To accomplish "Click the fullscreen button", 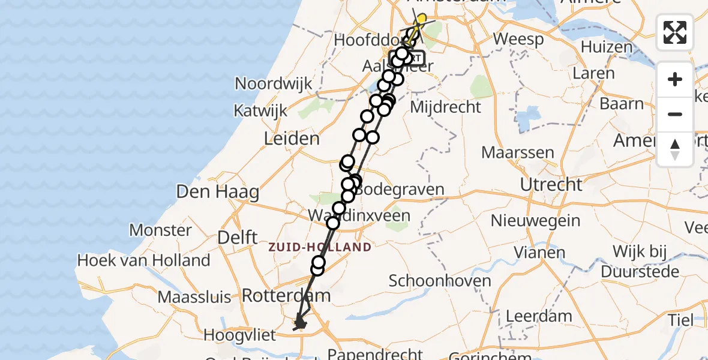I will tap(675, 32).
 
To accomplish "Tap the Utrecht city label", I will tap(551, 184).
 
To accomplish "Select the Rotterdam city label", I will tap(286, 295).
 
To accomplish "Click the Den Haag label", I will tap(217, 193).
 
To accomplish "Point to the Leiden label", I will tap(292, 139).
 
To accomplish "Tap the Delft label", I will tap(238, 237).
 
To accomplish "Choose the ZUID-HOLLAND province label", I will tap(320, 247).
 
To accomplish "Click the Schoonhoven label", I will tap(440, 281).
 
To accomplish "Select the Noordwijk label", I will tap(274, 83).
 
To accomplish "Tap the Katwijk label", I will tap(260, 111).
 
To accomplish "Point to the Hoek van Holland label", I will tap(144, 260).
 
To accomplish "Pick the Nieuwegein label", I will tap(536, 220).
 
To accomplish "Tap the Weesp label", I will tap(518, 40).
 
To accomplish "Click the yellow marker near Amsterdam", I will tap(421, 19).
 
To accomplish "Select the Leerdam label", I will tap(539, 316).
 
